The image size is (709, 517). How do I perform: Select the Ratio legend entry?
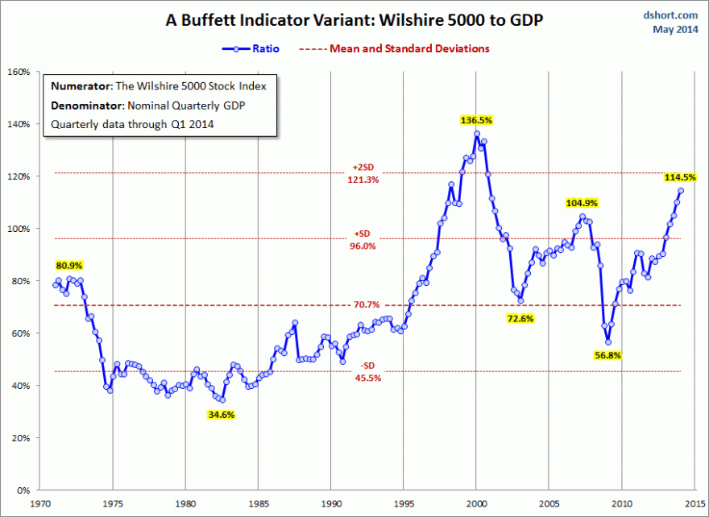click(251, 48)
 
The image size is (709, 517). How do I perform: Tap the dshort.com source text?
click(670, 14)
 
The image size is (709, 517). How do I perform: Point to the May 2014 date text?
click(674, 30)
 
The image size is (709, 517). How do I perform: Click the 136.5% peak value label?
click(476, 120)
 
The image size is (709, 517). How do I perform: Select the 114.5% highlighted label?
click(680, 177)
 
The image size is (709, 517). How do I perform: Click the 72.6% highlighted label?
click(520, 318)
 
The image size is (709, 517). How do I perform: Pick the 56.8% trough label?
click(608, 354)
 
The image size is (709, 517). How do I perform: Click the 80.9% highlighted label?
click(69, 265)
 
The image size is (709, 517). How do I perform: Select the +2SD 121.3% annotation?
click(364, 173)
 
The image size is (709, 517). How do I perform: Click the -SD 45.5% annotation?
click(364, 372)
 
